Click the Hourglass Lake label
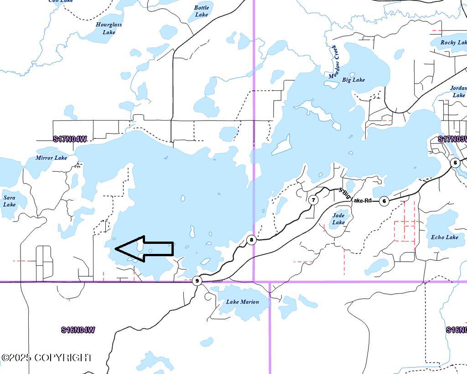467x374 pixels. coord(109,28)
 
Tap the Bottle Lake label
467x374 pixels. coord(201,11)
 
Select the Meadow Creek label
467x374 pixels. coord(333,62)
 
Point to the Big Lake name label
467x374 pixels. coord(353,79)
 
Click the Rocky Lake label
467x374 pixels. coord(454,42)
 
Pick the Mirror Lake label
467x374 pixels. coord(51,158)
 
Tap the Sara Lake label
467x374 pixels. coord(9,201)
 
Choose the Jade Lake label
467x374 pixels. coord(338,219)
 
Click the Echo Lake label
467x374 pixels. coord(445,237)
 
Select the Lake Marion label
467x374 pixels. coord(242,302)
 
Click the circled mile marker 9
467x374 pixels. coord(197,280)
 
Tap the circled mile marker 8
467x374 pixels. coord(251,240)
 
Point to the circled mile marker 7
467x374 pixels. coord(313,200)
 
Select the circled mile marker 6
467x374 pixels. coord(384,201)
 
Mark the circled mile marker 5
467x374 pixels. coord(455,163)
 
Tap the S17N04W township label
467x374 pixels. coord(70,139)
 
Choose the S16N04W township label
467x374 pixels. coord(78,330)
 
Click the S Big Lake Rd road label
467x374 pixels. coord(356,196)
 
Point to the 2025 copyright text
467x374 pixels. coord(47,358)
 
